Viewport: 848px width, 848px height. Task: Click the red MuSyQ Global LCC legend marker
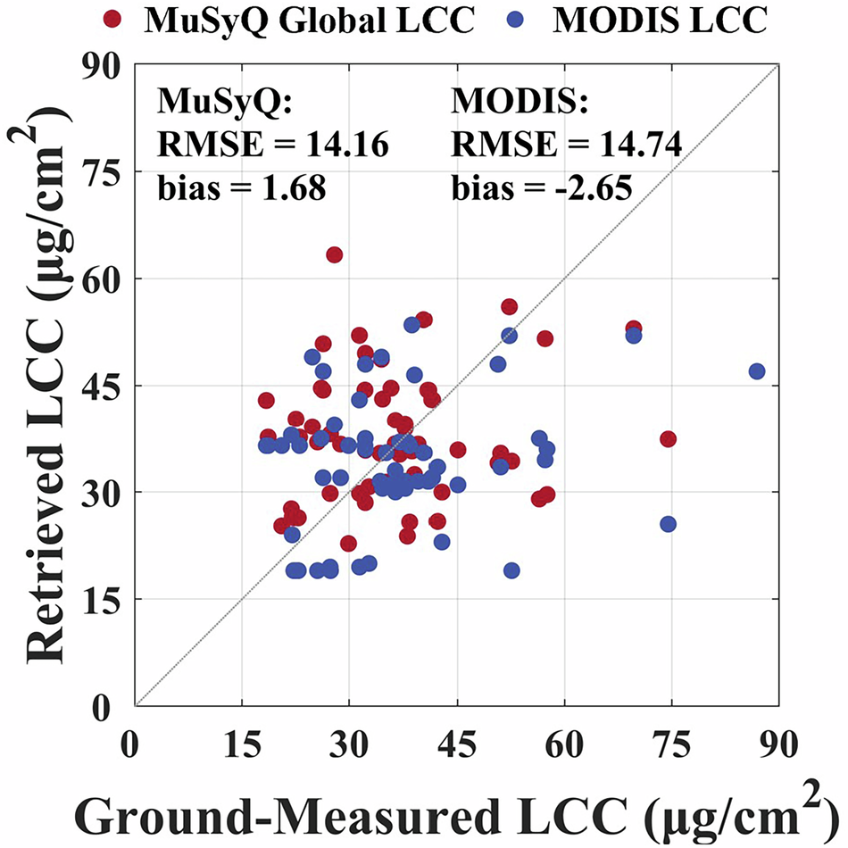pos(113,20)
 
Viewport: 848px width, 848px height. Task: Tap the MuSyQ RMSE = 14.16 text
pos(272,143)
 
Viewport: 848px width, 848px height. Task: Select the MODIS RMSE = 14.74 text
pos(567,143)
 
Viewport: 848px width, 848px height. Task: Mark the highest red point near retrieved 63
pos(335,254)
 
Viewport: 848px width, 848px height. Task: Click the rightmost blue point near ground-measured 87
pos(757,371)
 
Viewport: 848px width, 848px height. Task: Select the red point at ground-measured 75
pos(668,438)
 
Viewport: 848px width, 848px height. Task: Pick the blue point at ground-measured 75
pos(668,524)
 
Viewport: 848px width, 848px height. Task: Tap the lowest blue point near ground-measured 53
pos(511,570)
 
